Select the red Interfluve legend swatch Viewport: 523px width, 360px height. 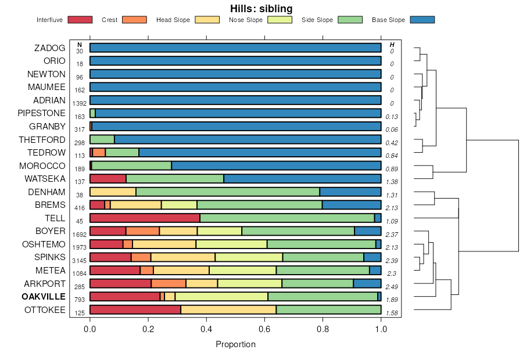coord(80,20)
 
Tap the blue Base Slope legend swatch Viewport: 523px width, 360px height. coord(422,20)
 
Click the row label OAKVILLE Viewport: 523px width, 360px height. coord(44,297)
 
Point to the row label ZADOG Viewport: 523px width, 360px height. coord(50,48)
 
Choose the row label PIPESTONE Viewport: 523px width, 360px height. coord(42,113)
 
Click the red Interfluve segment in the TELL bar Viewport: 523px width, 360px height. coord(145,218)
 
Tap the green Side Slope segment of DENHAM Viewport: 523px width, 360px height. coord(228,192)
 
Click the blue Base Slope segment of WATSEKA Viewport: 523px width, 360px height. coord(302,179)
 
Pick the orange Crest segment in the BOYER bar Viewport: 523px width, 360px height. coord(142,231)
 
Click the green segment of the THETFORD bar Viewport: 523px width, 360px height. coord(102,139)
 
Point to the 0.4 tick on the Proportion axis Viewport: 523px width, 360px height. coord(206,329)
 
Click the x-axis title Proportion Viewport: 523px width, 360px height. coord(235,344)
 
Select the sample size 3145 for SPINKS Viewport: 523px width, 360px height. coord(80,260)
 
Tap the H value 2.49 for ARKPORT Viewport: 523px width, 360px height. coord(391,287)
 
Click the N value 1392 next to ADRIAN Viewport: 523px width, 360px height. coord(80,103)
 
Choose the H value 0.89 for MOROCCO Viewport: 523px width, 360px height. coord(391,169)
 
